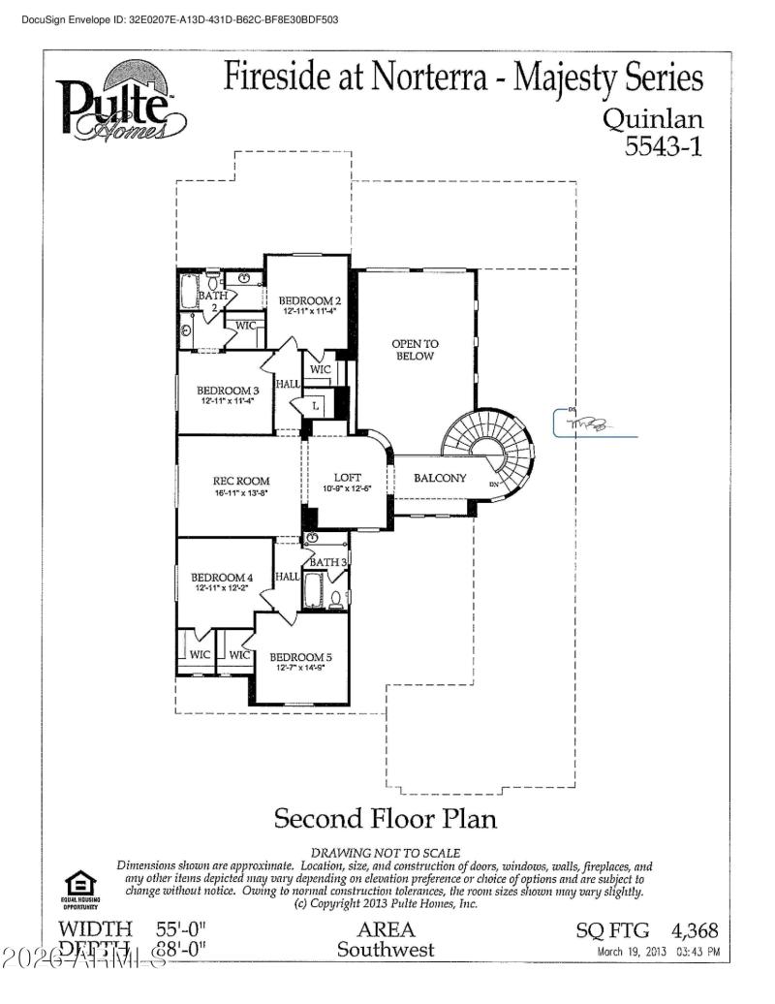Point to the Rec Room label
(x=241, y=481)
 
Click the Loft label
(x=347, y=477)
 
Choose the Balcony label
(x=440, y=478)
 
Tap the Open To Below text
(x=414, y=349)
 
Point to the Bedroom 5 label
(x=301, y=655)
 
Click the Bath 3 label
(x=328, y=562)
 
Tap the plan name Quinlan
(x=653, y=118)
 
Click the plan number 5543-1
(x=663, y=146)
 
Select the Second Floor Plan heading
(x=386, y=818)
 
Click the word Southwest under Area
(x=386, y=950)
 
